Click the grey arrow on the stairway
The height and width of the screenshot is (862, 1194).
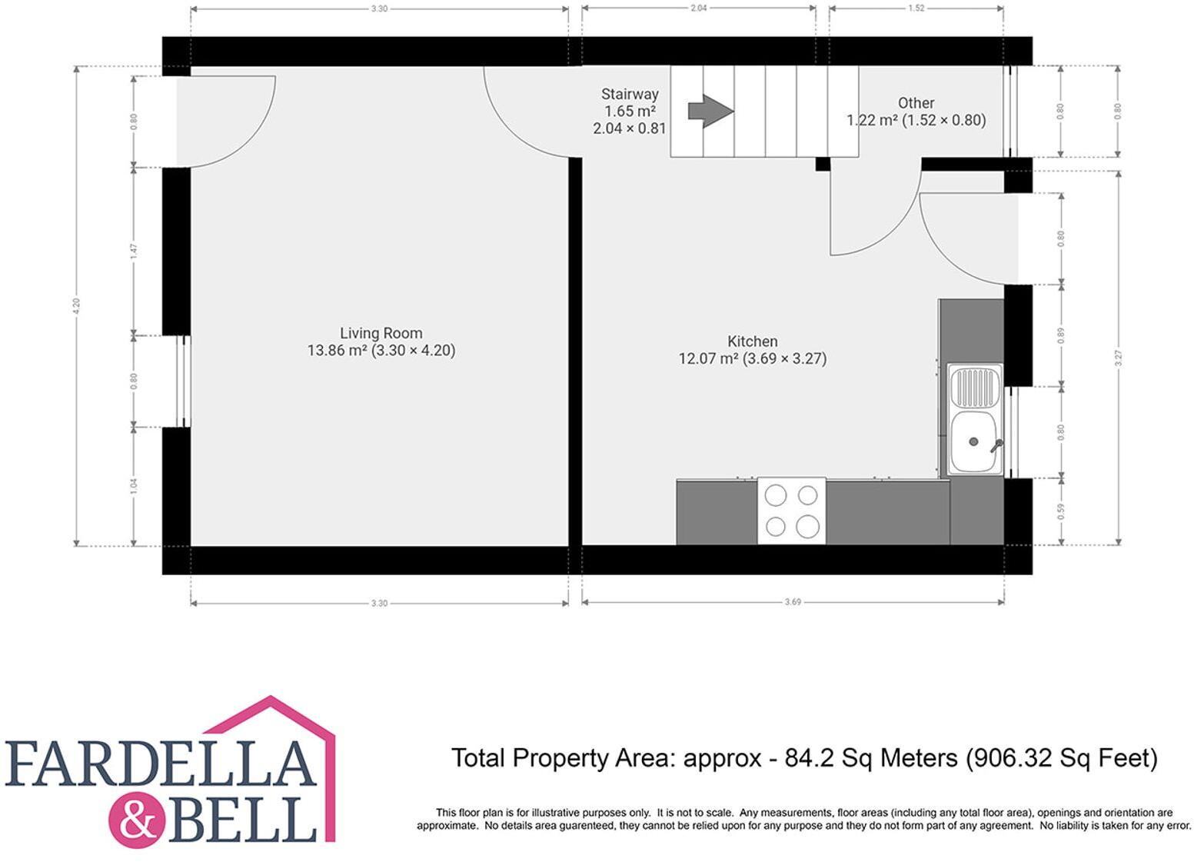710,111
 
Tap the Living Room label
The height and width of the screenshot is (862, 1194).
381,333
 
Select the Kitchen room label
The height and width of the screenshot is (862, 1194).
752,341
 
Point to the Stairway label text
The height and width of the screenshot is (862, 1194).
630,95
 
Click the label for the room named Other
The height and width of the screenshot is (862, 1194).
916,103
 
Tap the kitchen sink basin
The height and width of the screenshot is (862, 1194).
975,443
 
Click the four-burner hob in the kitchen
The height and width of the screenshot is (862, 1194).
791,511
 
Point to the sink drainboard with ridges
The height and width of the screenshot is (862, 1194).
975,386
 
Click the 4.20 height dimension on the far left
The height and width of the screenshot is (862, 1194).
76,305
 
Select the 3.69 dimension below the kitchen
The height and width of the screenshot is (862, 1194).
793,602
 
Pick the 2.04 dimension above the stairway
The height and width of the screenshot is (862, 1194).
698,8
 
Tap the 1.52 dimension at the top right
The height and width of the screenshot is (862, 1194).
916,8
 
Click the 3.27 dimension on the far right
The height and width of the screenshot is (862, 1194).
1119,358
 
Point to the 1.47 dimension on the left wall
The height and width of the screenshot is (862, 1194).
134,251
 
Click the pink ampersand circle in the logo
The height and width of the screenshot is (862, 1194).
138,821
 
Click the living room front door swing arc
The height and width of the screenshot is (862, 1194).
250,138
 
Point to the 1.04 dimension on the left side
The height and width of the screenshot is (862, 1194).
134,486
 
